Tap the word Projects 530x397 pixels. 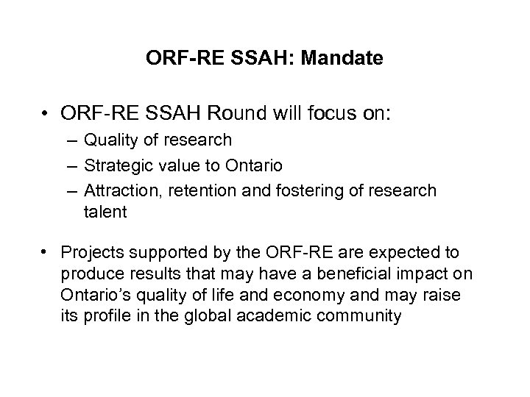click(x=91, y=253)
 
